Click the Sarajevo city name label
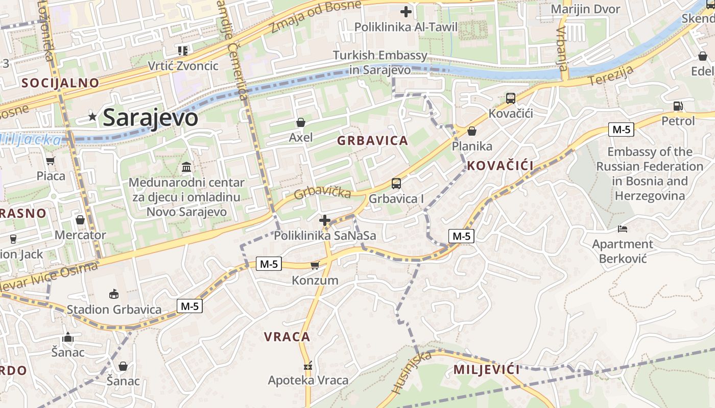coord(150,117)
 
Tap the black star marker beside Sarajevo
coord(92,117)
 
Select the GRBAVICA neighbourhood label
coord(373,141)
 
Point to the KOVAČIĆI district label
coord(500,165)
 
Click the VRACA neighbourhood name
coord(287,337)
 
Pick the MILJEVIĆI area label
coord(486,369)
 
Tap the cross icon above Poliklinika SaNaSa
coord(325,220)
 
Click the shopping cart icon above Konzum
coord(315,265)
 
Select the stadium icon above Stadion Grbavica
coord(114,294)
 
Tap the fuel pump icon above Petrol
coord(678,106)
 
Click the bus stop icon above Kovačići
coord(510,98)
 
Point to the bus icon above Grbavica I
coord(396,184)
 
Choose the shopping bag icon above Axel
coord(301,122)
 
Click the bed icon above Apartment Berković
coord(623,228)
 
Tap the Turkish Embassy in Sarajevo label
coord(380,62)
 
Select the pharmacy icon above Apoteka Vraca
coord(308,365)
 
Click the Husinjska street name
coord(404,372)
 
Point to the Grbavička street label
coord(322,192)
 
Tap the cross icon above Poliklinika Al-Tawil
coord(406,11)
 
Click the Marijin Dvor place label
coord(585,9)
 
